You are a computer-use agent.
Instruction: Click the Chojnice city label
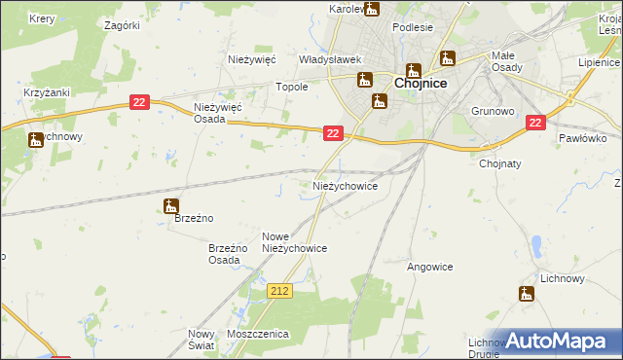pyautogui.click(x=421, y=84)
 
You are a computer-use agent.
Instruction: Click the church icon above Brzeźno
pyautogui.click(x=171, y=206)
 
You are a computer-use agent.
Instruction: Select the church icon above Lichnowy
pyautogui.click(x=529, y=294)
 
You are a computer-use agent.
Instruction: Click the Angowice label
pyautogui.click(x=430, y=266)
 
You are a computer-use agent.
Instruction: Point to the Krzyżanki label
pyautogui.click(x=43, y=92)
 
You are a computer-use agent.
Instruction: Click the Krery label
pyautogui.click(x=42, y=18)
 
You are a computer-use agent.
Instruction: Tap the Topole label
pyautogui.click(x=292, y=87)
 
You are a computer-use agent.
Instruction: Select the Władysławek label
pyautogui.click(x=330, y=59)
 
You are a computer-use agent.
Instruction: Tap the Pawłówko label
pyautogui.click(x=583, y=138)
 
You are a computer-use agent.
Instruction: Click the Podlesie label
pyautogui.click(x=413, y=27)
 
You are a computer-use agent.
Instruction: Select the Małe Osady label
pyautogui.click(x=509, y=60)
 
